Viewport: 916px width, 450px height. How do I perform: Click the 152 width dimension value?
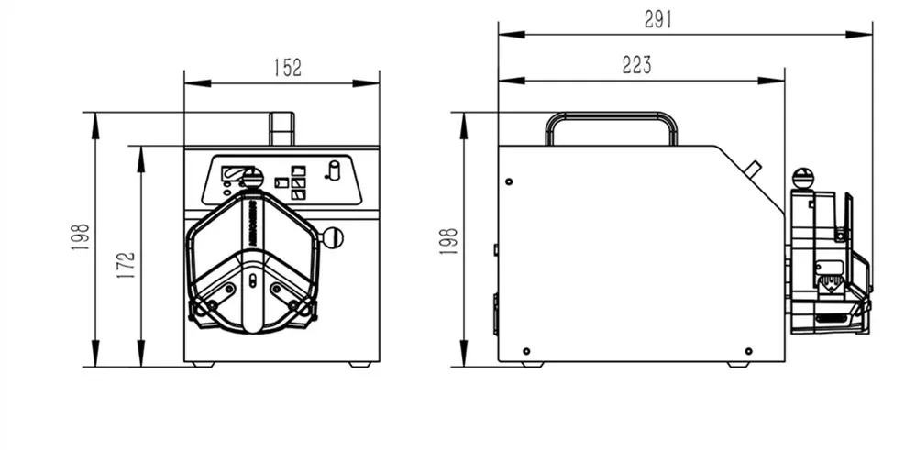[287, 68]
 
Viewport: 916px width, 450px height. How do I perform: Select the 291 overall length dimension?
[658, 20]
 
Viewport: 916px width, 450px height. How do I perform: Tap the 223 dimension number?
[636, 65]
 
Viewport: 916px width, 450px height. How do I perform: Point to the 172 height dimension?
[126, 264]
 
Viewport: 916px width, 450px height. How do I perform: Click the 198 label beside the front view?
[80, 237]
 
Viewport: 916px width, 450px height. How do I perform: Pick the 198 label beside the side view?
[448, 241]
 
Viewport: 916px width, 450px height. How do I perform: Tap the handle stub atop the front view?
[281, 129]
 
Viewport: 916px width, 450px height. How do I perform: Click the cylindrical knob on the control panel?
[334, 170]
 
